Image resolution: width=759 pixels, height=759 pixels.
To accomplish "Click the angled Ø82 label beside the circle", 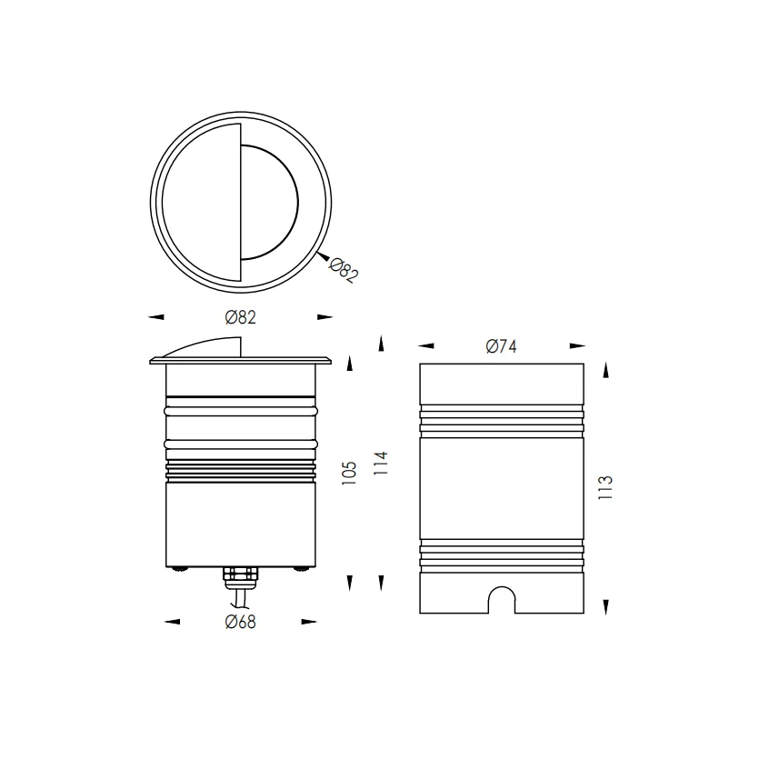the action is [344, 271].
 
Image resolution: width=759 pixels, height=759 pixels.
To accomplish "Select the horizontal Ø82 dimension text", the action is [241, 317].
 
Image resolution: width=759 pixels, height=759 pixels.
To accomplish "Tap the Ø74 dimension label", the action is [502, 346].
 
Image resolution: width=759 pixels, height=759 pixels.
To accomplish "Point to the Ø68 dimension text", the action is [241, 622].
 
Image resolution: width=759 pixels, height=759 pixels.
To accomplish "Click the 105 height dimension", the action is [349, 474].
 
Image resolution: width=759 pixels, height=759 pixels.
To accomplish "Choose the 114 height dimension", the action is [381, 463].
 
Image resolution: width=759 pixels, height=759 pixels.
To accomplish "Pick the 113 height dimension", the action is [605, 487].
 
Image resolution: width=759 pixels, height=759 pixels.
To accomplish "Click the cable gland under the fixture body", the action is [240, 575].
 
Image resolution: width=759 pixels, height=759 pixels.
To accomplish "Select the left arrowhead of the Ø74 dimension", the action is [426, 346].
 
